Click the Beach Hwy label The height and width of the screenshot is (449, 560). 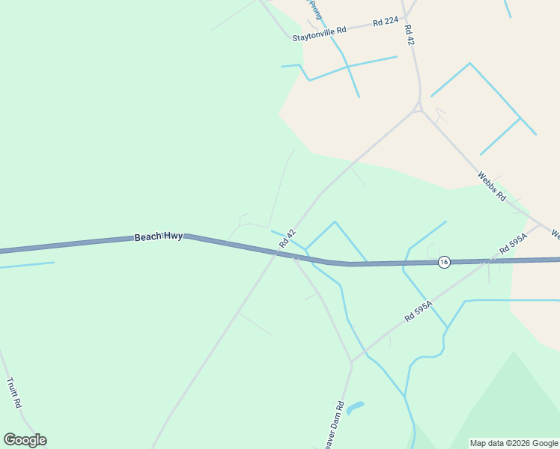tap(159, 236)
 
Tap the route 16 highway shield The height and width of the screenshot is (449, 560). tap(444, 262)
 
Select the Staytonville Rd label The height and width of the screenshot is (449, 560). tap(320, 32)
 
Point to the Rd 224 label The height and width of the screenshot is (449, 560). tap(386, 22)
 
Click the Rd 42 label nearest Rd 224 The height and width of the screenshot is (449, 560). tap(409, 36)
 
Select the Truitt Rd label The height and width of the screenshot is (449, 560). tap(13, 392)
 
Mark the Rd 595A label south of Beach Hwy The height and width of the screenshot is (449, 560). tap(419, 311)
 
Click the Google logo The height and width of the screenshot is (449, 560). tap(25, 440)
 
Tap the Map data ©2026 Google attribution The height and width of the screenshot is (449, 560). tap(514, 443)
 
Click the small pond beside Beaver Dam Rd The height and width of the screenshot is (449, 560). tap(355, 407)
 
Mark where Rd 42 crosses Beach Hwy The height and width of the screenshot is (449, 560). tap(276, 253)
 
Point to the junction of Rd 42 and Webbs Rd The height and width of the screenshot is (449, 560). tap(419, 109)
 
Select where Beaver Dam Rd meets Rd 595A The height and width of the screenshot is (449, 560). tap(351, 362)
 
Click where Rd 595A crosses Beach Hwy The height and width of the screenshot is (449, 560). tap(487, 261)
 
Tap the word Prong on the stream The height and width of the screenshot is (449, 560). tap(314, 9)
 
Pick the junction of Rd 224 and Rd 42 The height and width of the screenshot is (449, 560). tap(404, 18)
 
